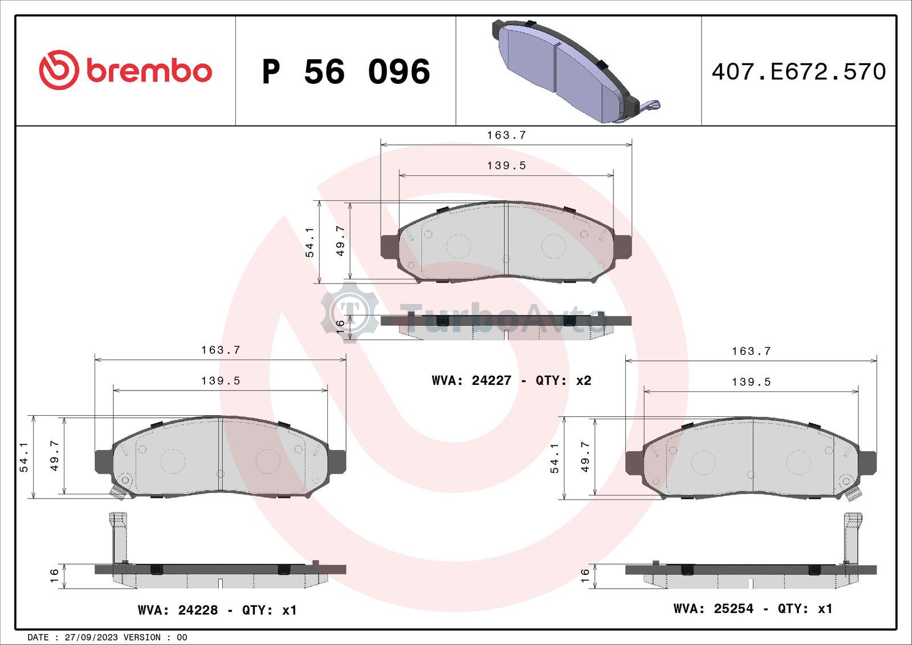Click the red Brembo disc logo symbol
59,70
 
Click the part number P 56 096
346,72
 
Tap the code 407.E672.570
799,72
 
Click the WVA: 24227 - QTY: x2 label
511,380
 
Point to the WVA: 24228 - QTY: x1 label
217,610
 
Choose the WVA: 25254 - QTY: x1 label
753,609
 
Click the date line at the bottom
107,637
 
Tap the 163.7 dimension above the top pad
507,135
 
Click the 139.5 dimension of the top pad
507,165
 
